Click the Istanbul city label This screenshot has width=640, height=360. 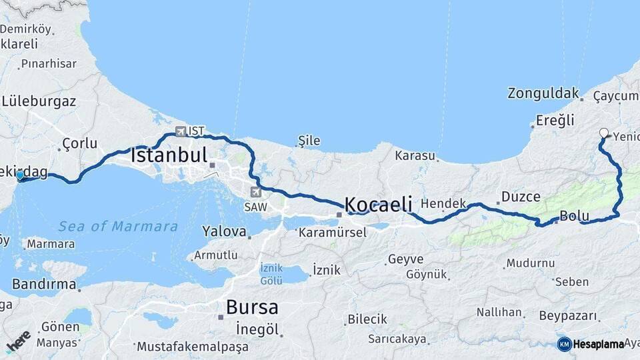[169, 155]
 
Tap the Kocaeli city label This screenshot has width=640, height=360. [378, 203]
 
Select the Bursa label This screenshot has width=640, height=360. [252, 307]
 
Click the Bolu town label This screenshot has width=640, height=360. [573, 216]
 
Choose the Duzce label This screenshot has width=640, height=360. [521, 197]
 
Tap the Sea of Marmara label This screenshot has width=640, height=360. [118, 227]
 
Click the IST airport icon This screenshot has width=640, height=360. [181, 131]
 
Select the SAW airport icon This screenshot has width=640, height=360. [255, 192]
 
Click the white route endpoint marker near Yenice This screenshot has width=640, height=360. [603, 133]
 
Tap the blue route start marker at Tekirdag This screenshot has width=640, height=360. [21, 175]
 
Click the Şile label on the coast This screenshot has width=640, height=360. [309, 141]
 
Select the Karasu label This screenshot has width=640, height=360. [415, 156]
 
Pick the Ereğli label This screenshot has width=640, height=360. [555, 121]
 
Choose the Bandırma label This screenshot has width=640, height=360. [44, 285]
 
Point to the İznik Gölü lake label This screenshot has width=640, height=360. [271, 274]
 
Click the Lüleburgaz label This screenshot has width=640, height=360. [39, 102]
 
